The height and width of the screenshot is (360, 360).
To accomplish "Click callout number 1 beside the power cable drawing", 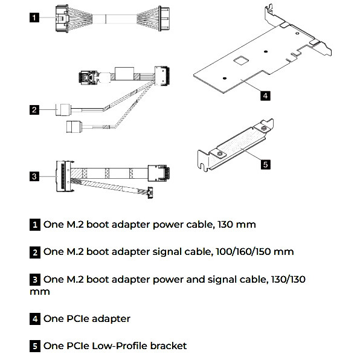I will pyautogui.click(x=35, y=18).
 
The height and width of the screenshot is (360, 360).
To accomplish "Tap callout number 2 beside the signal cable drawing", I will pyautogui.click(x=35, y=109).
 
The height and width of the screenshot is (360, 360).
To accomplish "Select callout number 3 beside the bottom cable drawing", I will pyautogui.click(x=35, y=176).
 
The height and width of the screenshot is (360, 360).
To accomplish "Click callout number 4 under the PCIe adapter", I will pyautogui.click(x=265, y=94).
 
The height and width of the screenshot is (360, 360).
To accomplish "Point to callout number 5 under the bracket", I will pyautogui.click(x=265, y=162).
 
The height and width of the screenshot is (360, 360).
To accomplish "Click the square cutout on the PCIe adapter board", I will pyautogui.click(x=240, y=59).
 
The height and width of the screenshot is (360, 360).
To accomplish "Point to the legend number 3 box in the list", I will pyautogui.click(x=35, y=279).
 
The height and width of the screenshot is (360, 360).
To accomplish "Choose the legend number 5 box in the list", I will pyautogui.click(x=35, y=346).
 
